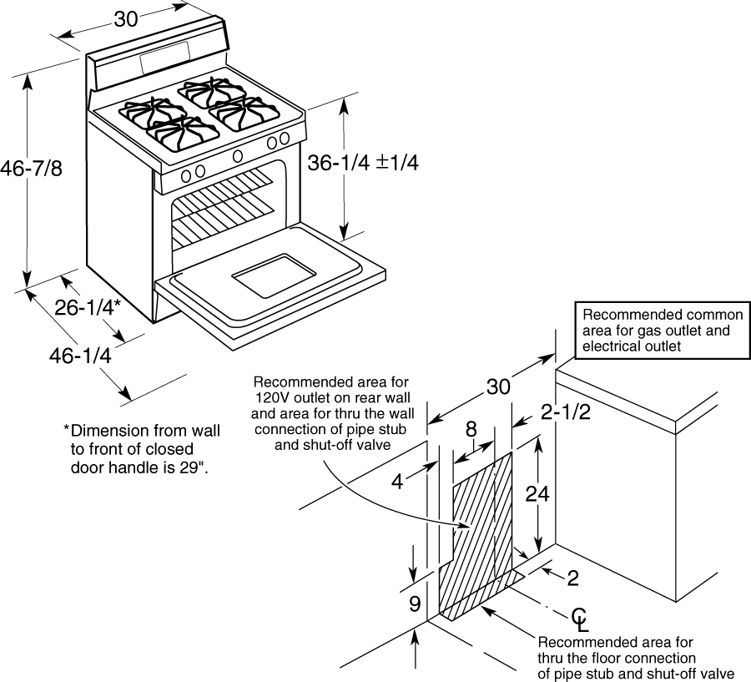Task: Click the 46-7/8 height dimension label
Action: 31,169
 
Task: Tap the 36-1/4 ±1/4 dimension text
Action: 363,163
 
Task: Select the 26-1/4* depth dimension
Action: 87,308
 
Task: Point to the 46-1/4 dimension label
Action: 80,356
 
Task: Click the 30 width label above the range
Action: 126,19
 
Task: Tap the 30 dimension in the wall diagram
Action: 499,386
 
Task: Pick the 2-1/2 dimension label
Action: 566,412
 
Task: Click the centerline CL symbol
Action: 580,619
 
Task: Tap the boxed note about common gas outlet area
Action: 663,331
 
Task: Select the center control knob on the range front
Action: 237,156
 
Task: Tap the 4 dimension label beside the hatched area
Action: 397,482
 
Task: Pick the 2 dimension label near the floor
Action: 572,578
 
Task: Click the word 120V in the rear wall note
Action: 273,398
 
